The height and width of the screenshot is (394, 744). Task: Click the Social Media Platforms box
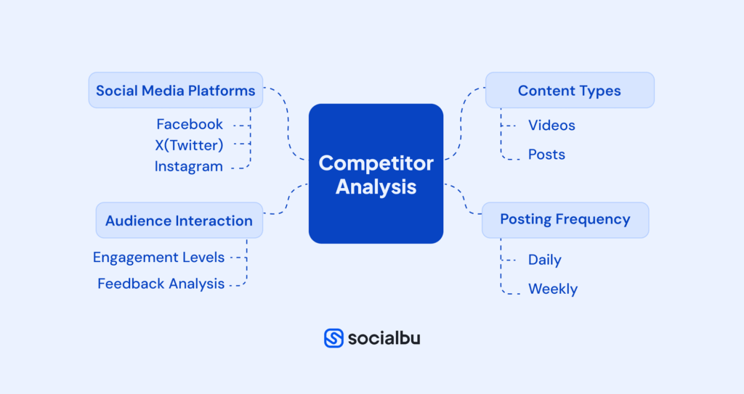[x=175, y=91]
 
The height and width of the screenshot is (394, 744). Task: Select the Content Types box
[x=569, y=91]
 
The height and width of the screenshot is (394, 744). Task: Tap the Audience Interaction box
[x=179, y=221]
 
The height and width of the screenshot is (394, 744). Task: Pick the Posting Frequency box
[x=565, y=219]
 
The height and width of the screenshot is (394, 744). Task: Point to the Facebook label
[x=190, y=124]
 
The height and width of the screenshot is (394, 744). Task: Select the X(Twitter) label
[x=189, y=145]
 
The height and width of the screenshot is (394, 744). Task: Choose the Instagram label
[x=188, y=166]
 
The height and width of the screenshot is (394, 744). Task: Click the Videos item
[x=551, y=126]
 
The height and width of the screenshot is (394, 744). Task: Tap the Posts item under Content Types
[x=546, y=155]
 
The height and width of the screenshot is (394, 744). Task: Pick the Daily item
[x=544, y=260]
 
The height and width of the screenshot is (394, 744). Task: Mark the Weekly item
[x=552, y=289]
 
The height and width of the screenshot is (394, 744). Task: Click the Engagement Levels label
[x=158, y=257]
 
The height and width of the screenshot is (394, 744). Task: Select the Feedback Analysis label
[x=161, y=284]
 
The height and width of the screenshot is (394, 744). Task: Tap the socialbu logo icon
[x=333, y=338]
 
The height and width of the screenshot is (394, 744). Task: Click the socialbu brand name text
[x=384, y=338]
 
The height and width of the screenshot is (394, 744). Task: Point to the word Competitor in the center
[x=376, y=163]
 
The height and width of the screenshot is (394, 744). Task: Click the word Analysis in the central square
[x=376, y=186]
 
